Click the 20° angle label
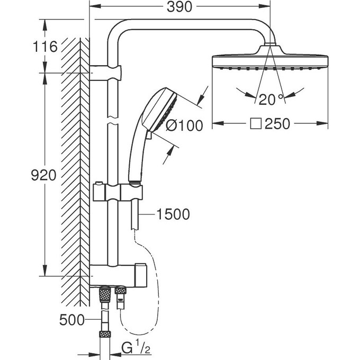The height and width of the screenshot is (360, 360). point(272,98)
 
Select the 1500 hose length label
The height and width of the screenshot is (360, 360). point(173,214)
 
